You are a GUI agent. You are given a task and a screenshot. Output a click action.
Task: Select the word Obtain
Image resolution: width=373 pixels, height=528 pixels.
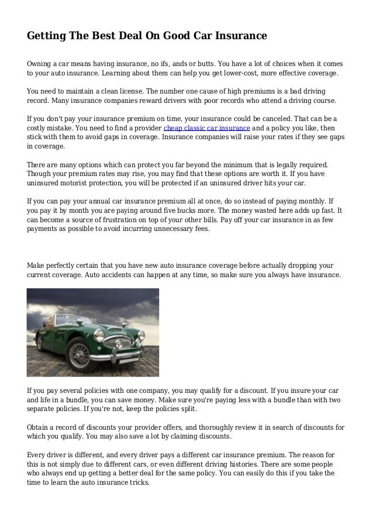point(39,426)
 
